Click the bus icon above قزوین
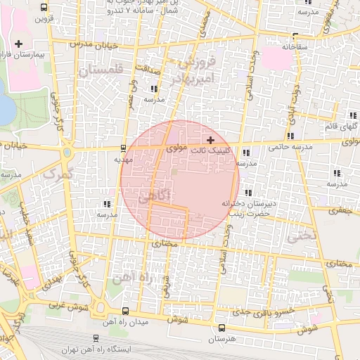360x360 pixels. click(44, 8)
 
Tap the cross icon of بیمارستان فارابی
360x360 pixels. click(28, 44)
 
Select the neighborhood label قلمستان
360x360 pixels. click(101, 70)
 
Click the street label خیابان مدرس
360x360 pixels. click(91, 44)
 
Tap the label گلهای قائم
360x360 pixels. click(338, 126)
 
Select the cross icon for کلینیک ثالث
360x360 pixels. click(210, 140)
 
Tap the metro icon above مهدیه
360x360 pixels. click(124, 148)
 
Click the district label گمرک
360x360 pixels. click(58, 172)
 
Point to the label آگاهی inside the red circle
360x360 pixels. click(153, 197)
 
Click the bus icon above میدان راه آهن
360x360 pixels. click(125, 310)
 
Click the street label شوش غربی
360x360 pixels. click(67, 307)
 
